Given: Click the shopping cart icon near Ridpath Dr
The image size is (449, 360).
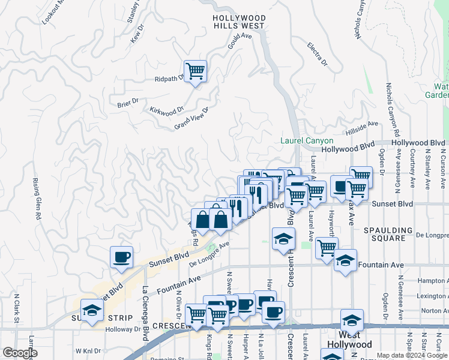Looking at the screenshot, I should pos(195,71).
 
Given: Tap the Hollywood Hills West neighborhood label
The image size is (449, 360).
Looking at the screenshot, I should pos(238,22).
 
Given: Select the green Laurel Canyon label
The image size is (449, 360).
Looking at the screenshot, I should pos(307,141).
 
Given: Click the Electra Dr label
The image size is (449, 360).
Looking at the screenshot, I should pos(316,53).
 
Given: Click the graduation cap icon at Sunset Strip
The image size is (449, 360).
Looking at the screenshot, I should pos(92,311).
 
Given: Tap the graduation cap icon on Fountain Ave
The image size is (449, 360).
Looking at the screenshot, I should pos(345,261).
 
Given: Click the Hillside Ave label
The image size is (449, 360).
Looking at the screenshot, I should pos(362,127).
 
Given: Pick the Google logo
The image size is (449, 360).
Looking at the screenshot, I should pos(19,353).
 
